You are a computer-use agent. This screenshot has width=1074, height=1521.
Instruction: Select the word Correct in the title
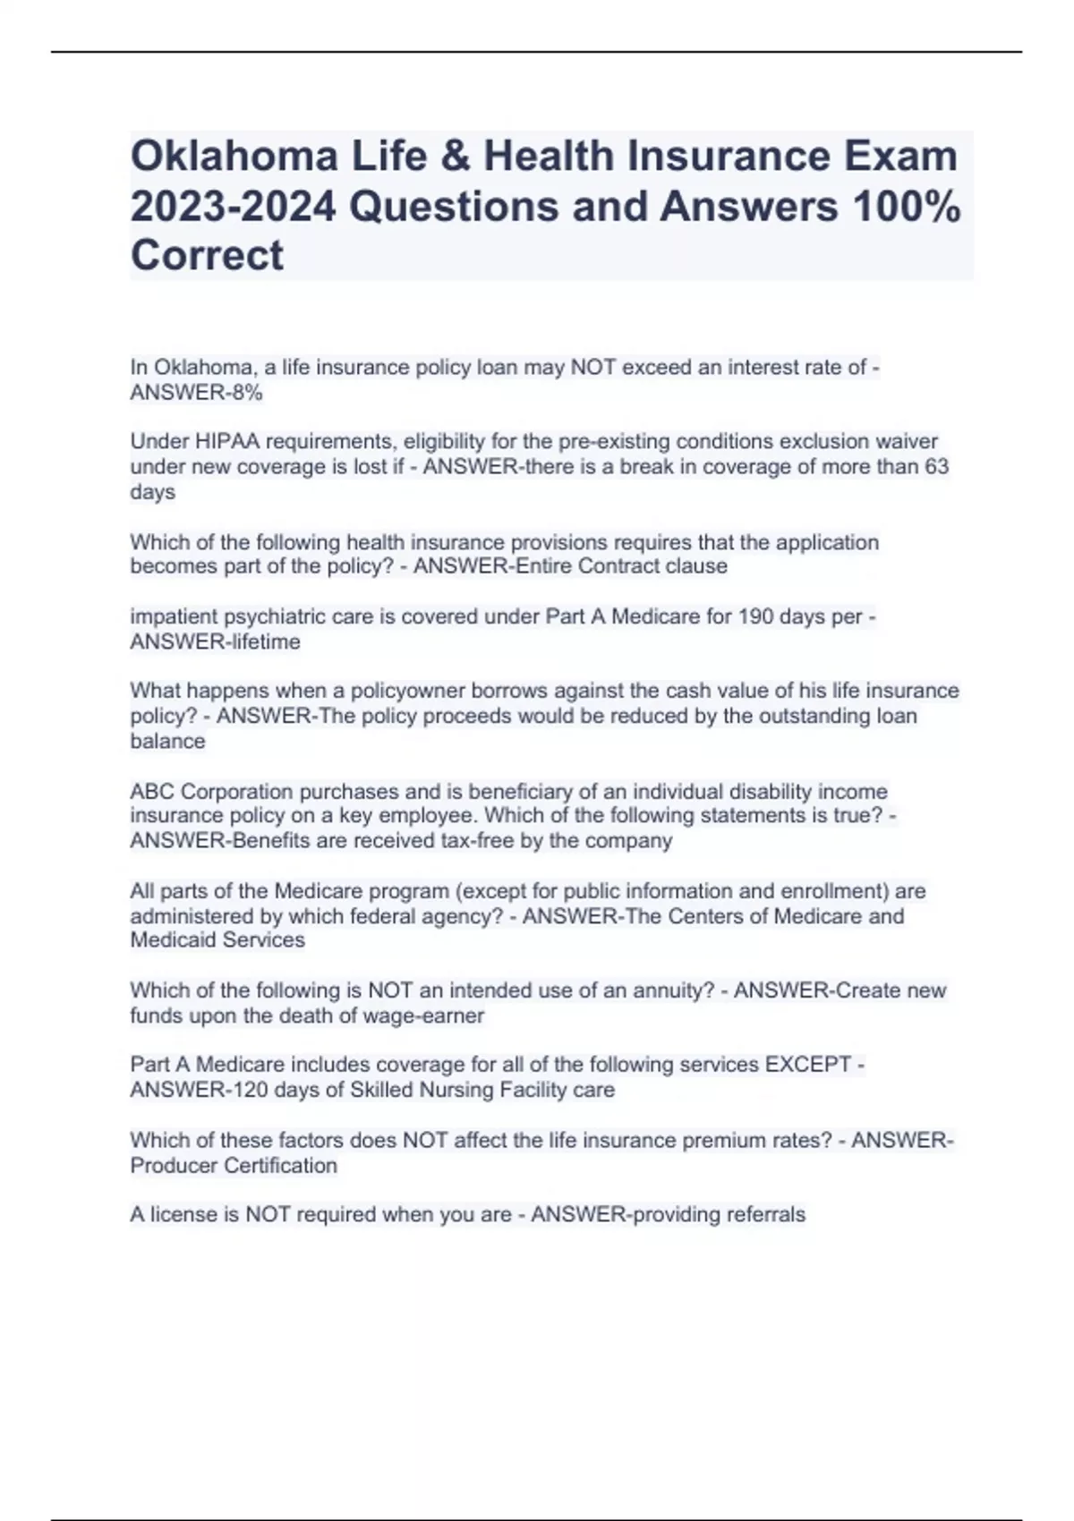(207, 256)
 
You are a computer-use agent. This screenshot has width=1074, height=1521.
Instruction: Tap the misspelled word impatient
(175, 616)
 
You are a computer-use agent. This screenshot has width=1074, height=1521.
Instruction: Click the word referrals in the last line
(764, 1215)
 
